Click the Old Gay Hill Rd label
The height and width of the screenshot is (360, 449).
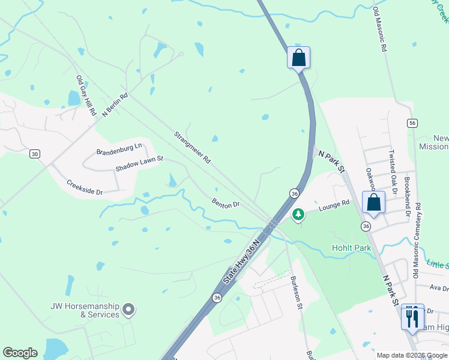tap(86, 95)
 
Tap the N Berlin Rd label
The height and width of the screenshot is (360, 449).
tap(115, 104)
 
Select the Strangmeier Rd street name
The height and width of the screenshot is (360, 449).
tap(192, 148)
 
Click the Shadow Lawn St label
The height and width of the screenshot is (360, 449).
tap(140, 164)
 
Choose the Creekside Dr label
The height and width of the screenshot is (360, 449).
tap(85, 188)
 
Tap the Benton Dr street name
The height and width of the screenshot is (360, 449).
tap(226, 203)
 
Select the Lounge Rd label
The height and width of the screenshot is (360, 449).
tap(334, 206)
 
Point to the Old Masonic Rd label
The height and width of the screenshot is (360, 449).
tap(379, 30)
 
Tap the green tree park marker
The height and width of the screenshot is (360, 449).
tap(298, 214)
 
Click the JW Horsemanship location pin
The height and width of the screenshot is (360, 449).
tap(128, 310)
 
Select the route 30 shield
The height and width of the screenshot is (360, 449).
tap(35, 154)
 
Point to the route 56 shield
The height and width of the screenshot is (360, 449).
tap(412, 123)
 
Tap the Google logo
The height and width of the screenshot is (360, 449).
tap(20, 353)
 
